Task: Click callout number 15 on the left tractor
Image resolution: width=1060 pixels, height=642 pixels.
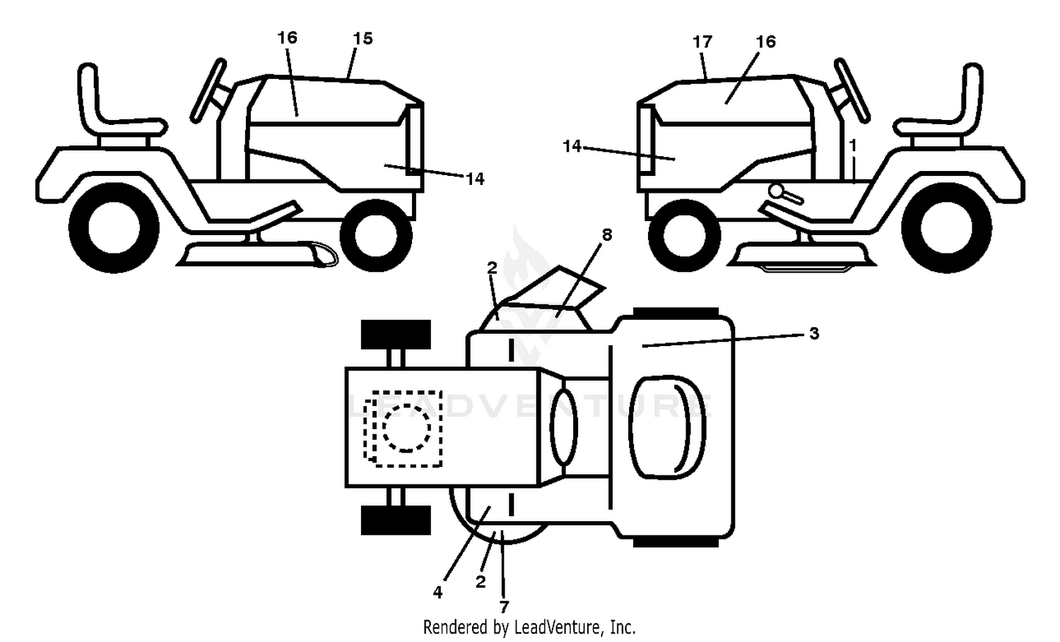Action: pos(363,38)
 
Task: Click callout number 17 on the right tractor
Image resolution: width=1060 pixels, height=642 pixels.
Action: pos(702,42)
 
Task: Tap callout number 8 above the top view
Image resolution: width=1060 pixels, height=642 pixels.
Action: pos(606,234)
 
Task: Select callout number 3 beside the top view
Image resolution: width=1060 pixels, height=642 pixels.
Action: pos(814,333)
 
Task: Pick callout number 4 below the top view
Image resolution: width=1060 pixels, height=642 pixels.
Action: pos(437,592)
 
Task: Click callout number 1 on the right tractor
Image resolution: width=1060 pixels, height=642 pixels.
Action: pos(853,145)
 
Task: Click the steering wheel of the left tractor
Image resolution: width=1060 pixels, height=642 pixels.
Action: pos(208,91)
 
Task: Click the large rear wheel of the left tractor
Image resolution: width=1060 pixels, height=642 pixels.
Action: pos(114,227)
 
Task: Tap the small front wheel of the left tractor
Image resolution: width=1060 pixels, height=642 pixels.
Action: pos(376,236)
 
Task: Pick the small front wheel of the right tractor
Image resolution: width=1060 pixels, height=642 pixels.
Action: pos(684,236)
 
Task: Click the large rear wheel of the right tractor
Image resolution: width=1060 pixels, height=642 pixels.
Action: pos(946,227)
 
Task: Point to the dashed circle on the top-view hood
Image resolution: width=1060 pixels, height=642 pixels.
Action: pos(406,428)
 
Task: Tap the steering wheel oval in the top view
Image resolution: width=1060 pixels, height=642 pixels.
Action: pos(563,426)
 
